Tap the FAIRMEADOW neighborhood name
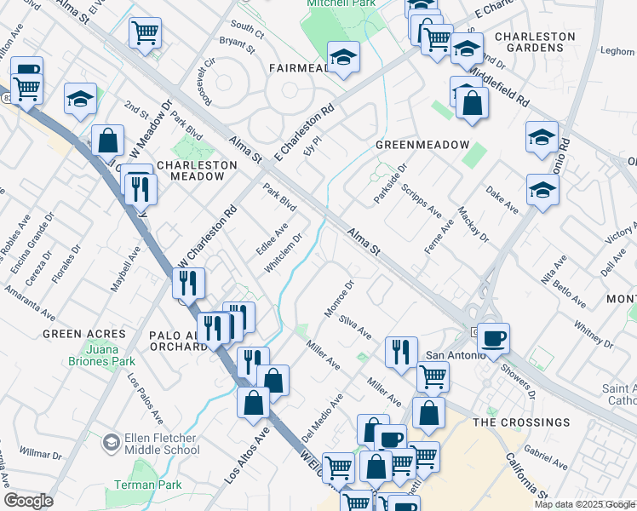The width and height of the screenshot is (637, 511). pos(298,66)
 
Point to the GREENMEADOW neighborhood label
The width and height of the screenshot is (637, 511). pos(422,146)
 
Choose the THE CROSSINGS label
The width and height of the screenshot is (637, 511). pos(521,422)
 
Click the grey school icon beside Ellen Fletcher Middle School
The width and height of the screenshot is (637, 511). pos(110,443)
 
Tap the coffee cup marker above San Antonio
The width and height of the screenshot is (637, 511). pos(493,338)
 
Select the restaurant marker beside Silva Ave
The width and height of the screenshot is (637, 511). pos(400,350)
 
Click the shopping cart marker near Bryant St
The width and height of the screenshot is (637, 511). pos(145,33)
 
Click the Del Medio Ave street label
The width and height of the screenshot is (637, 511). pos(323,417)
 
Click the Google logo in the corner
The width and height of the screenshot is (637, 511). pos(28,501)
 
